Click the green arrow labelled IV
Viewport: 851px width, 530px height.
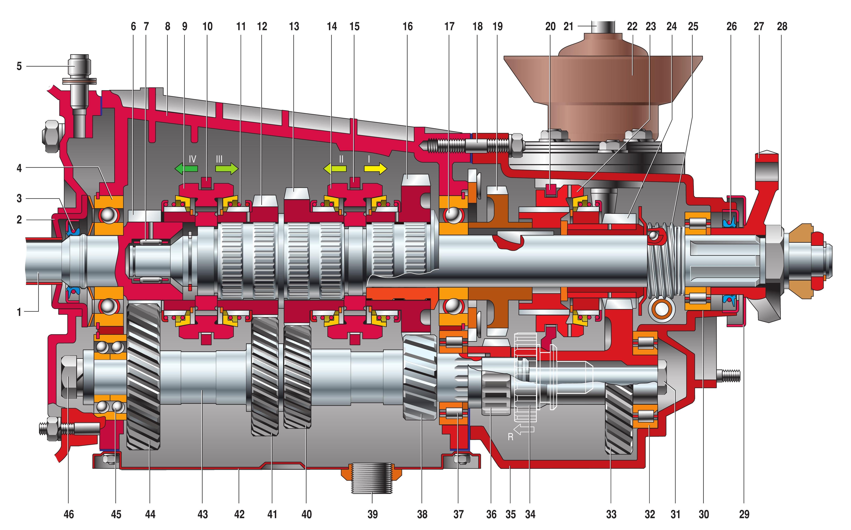(186, 169)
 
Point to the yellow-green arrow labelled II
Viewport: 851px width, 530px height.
(335, 169)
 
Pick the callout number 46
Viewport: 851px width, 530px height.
(69, 514)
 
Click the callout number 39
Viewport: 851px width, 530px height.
(372, 514)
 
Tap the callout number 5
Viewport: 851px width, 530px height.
(19, 66)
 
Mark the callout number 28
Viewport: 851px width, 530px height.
(782, 27)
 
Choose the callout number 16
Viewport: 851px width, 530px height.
(408, 27)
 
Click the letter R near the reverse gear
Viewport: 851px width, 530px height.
(511, 437)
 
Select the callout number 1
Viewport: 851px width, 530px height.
(19, 312)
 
